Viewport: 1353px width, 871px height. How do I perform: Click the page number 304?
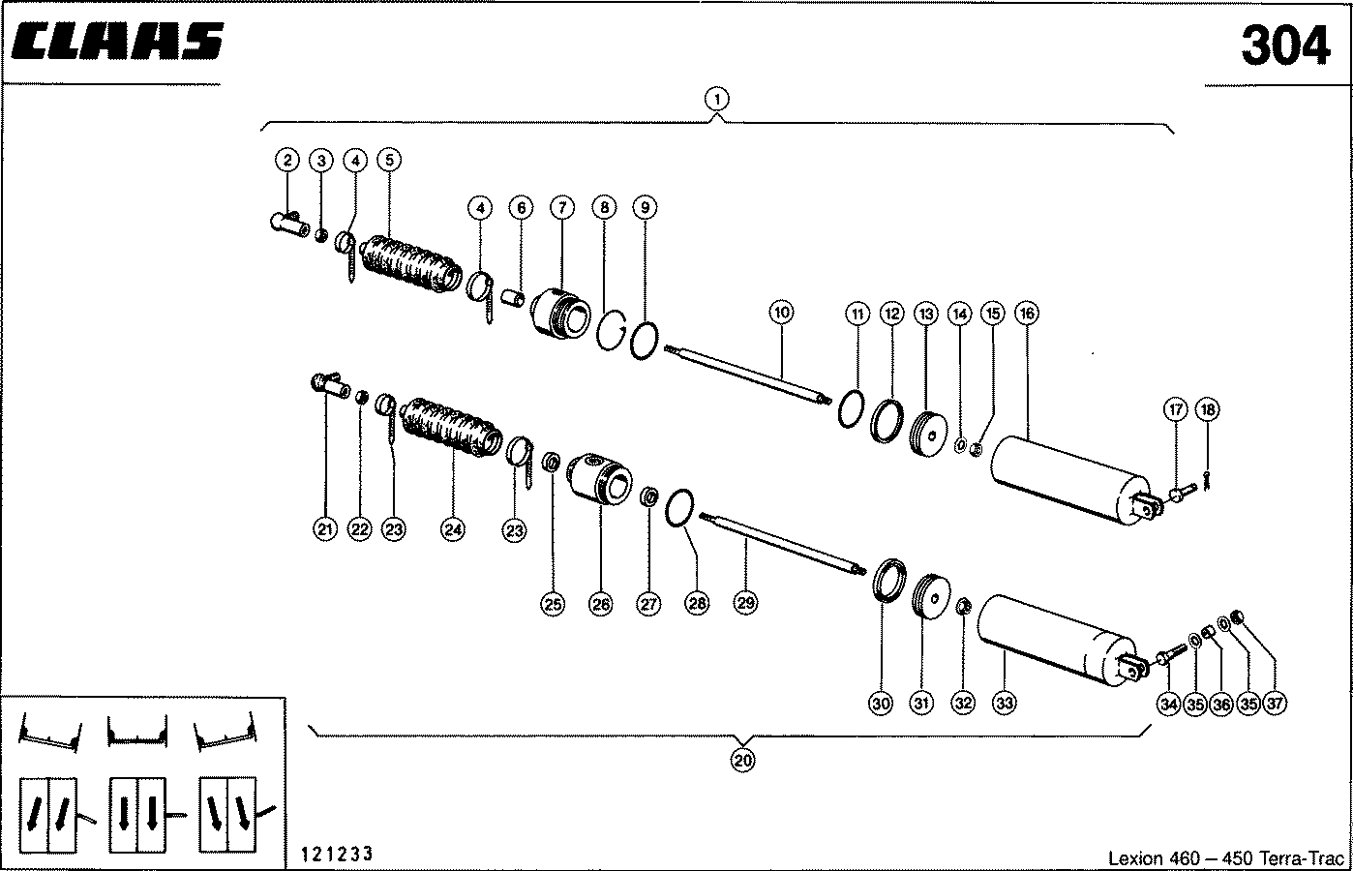click(x=1285, y=46)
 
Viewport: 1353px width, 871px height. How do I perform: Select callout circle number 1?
click(x=716, y=98)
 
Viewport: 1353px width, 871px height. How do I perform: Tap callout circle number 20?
click(x=742, y=760)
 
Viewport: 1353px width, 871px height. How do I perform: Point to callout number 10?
click(x=781, y=312)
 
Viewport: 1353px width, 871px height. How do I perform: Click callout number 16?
click(x=1026, y=314)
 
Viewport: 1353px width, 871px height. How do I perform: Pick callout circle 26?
click(x=600, y=605)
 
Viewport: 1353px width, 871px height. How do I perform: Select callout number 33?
click(x=1004, y=704)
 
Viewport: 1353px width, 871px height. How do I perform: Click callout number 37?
click(x=1275, y=704)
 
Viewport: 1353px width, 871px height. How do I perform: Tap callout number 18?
click(x=1207, y=409)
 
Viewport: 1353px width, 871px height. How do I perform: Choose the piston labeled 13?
click(x=932, y=436)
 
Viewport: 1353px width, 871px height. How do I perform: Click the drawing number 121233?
click(x=337, y=854)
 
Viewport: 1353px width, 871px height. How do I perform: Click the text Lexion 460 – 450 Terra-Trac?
click(x=1226, y=858)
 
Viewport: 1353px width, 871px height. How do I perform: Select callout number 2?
click(x=287, y=160)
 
